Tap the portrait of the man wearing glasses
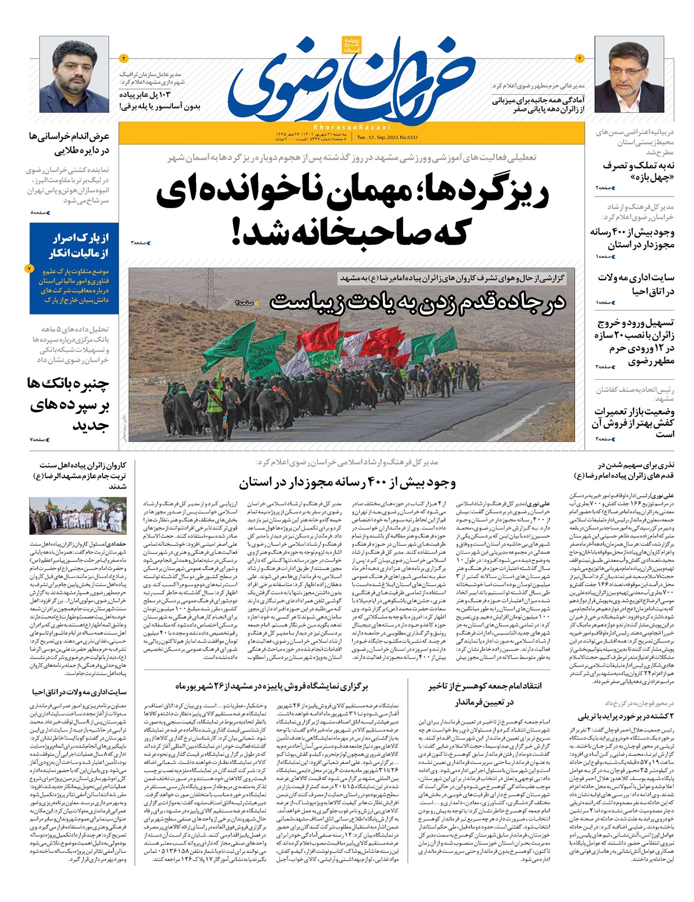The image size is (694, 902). point(629,73)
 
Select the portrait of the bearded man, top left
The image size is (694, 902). point(74,75)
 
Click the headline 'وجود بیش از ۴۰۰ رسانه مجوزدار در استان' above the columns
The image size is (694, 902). point(347,483)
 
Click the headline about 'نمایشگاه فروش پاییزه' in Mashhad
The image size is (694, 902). point(272,686)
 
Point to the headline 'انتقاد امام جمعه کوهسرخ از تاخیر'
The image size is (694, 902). point(485,686)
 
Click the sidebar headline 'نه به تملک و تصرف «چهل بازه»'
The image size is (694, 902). point(638,171)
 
